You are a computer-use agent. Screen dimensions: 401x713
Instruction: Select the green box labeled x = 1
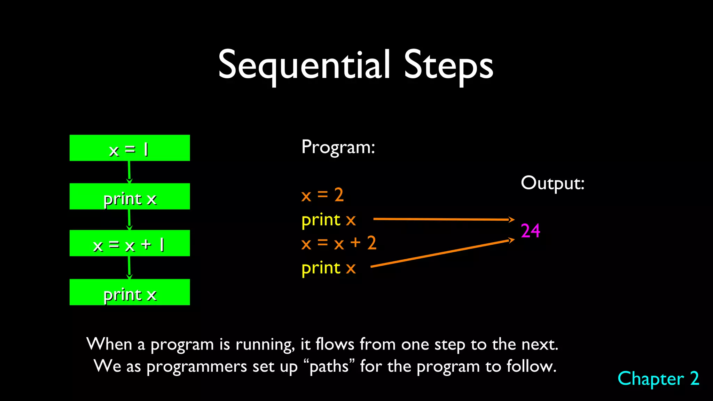click(130, 148)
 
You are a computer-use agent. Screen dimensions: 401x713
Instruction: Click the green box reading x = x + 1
click(130, 243)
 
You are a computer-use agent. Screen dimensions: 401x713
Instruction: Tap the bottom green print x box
click(130, 292)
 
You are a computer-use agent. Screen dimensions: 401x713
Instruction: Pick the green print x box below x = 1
click(130, 196)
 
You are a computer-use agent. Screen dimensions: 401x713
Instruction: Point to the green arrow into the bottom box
click(129, 267)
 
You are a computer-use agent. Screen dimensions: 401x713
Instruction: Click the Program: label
click(338, 147)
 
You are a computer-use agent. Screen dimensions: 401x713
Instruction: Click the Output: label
click(552, 183)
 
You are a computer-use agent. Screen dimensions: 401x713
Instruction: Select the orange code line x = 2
click(322, 195)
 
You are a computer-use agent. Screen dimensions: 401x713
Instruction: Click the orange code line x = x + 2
click(338, 243)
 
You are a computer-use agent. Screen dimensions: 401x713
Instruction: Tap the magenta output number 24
click(530, 231)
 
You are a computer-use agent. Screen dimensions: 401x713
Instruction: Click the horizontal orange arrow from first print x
click(442, 219)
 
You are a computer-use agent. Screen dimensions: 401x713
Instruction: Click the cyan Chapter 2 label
click(658, 379)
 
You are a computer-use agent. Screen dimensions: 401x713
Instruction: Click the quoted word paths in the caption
click(329, 367)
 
